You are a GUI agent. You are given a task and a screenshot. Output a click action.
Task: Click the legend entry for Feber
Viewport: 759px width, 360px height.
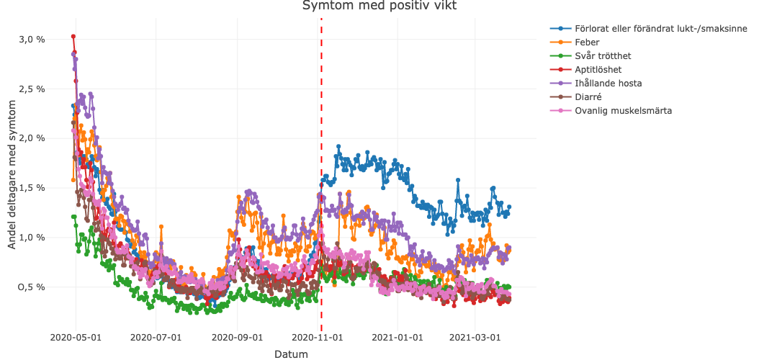pyautogui.click(x=588, y=42)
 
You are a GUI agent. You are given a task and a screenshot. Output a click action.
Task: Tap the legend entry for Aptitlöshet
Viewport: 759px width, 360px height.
pyautogui.click(x=598, y=70)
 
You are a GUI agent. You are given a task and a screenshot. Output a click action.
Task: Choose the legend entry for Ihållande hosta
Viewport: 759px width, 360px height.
pyautogui.click(x=608, y=84)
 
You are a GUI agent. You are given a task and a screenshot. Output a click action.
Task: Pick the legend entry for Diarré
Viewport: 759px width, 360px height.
pyautogui.click(x=588, y=97)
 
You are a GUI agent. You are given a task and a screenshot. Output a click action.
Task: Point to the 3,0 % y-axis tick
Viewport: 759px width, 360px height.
pyautogui.click(x=31, y=39)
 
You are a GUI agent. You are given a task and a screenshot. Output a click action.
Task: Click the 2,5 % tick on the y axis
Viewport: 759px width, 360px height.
pyautogui.click(x=31, y=89)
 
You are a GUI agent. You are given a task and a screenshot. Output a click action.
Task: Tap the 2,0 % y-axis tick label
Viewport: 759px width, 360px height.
pyautogui.click(x=31, y=138)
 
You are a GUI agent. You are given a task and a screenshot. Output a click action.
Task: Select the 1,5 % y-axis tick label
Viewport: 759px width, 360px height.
pyautogui.click(x=31, y=188)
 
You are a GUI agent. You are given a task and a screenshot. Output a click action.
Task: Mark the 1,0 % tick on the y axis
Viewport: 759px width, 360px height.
pyautogui.click(x=31, y=238)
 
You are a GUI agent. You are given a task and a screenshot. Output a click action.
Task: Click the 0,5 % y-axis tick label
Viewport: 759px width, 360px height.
pyautogui.click(x=31, y=287)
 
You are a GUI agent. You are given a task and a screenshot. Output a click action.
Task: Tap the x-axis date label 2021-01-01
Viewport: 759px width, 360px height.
pyautogui.click(x=400, y=337)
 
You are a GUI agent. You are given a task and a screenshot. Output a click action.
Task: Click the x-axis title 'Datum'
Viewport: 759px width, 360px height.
pyautogui.click(x=291, y=354)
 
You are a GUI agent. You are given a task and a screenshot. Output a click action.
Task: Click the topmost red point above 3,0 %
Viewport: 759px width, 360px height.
pyautogui.click(x=73, y=37)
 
